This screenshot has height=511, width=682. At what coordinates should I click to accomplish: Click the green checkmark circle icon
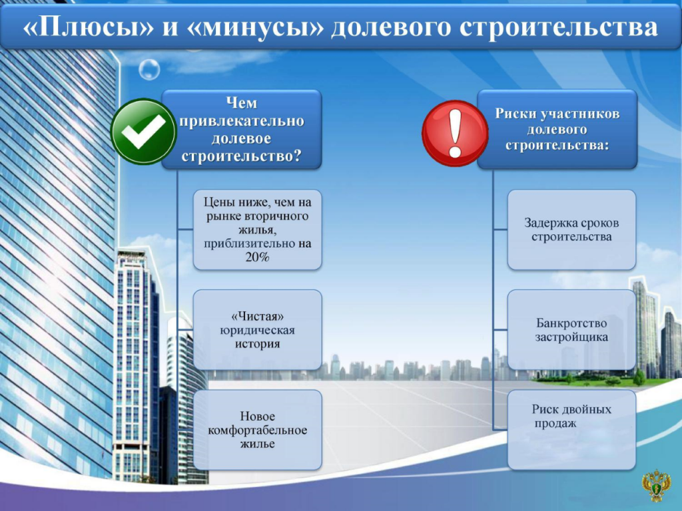143,132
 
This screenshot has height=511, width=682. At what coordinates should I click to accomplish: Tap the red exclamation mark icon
455,133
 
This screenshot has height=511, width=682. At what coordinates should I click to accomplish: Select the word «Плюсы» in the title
89,27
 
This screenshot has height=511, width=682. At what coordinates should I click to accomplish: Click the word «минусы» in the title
256,27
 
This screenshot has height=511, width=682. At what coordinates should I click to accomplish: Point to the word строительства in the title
558,27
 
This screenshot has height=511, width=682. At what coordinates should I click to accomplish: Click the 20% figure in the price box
258,257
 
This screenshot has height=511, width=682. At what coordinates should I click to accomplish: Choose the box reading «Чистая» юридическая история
258,330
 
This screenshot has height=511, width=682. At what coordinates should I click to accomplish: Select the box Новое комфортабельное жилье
258,430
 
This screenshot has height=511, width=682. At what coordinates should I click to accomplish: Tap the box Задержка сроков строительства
571,230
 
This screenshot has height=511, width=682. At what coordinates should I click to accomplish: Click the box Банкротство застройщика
571,330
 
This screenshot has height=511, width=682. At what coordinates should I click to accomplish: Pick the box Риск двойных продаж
571,430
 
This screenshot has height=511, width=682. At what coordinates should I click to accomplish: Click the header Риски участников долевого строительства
557,129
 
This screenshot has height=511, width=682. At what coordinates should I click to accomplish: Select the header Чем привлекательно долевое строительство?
242,129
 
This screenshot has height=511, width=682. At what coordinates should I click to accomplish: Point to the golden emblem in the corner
656,485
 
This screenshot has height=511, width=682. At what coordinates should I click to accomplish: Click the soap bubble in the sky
149,69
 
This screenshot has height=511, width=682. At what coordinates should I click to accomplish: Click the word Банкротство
571,323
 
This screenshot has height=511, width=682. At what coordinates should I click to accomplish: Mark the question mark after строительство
298,155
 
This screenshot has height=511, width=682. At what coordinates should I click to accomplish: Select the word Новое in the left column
258,416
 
